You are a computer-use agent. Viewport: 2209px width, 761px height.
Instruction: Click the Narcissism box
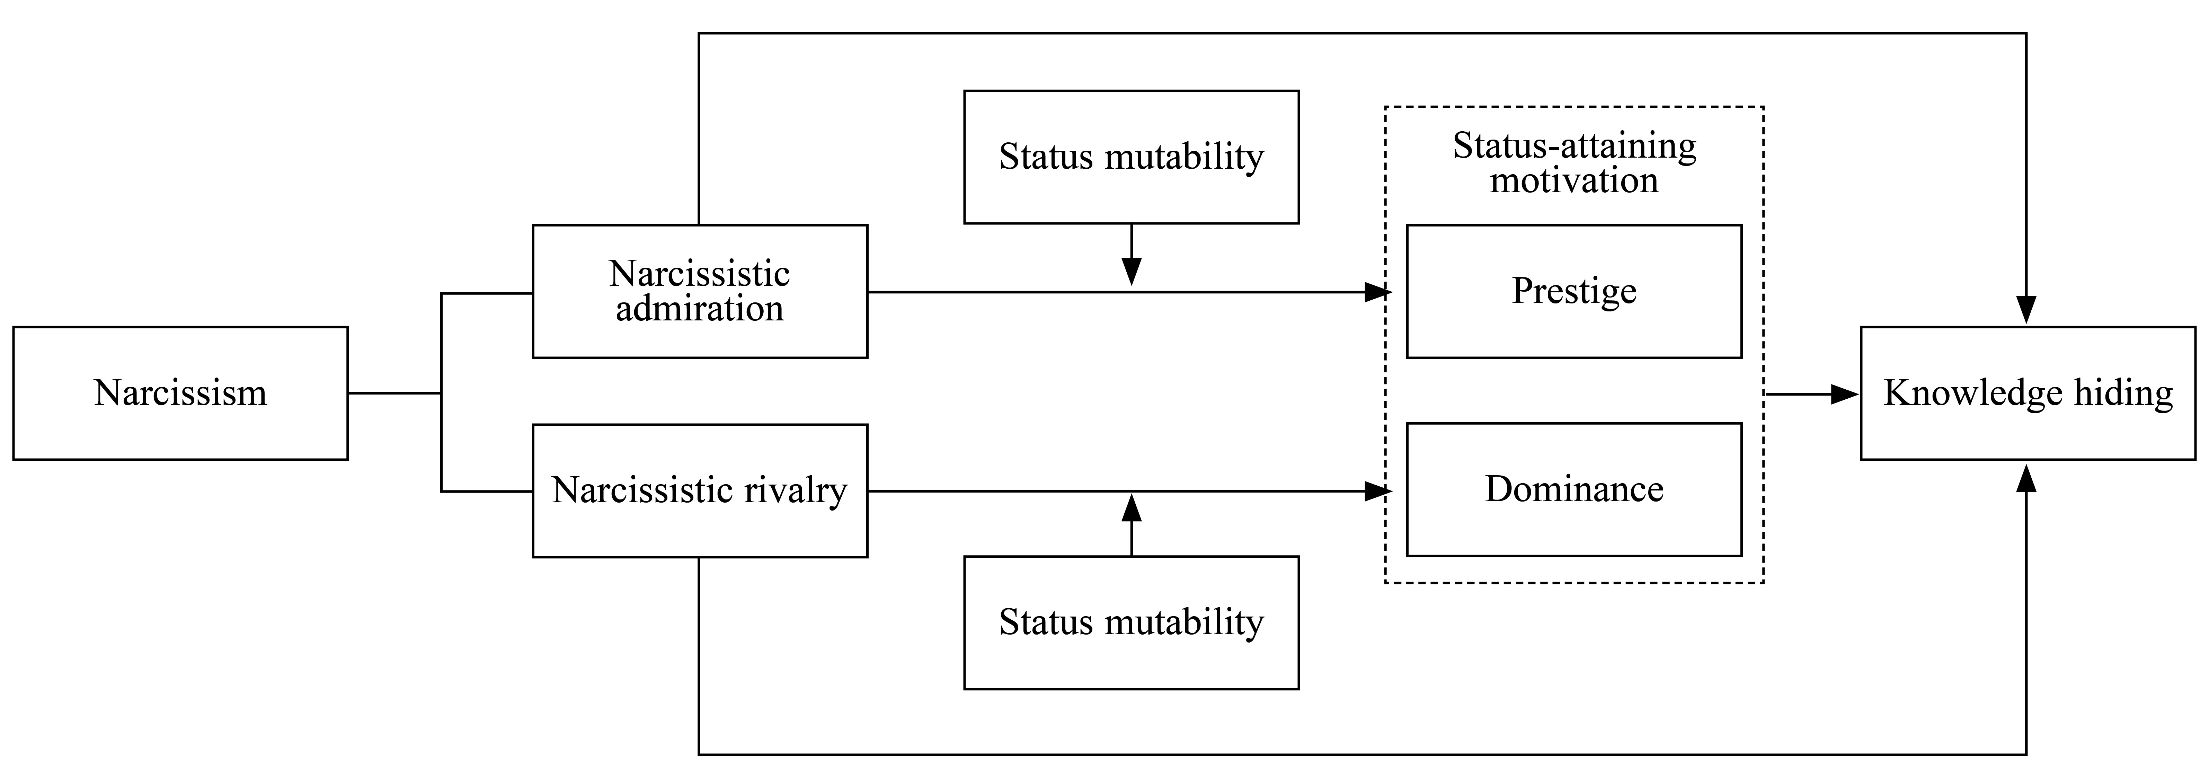pos(180,393)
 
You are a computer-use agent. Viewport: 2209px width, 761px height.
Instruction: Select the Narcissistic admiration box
pos(700,292)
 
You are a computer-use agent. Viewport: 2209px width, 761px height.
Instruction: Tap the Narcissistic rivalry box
pos(700,491)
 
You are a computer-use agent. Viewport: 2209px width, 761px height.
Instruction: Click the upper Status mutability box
pos(1131,157)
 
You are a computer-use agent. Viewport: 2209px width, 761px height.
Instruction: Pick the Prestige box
pos(1573,292)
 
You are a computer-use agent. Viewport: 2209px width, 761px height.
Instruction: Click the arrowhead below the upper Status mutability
pos(1131,272)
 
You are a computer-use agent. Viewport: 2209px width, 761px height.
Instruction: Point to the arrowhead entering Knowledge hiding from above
pos(2025,310)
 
